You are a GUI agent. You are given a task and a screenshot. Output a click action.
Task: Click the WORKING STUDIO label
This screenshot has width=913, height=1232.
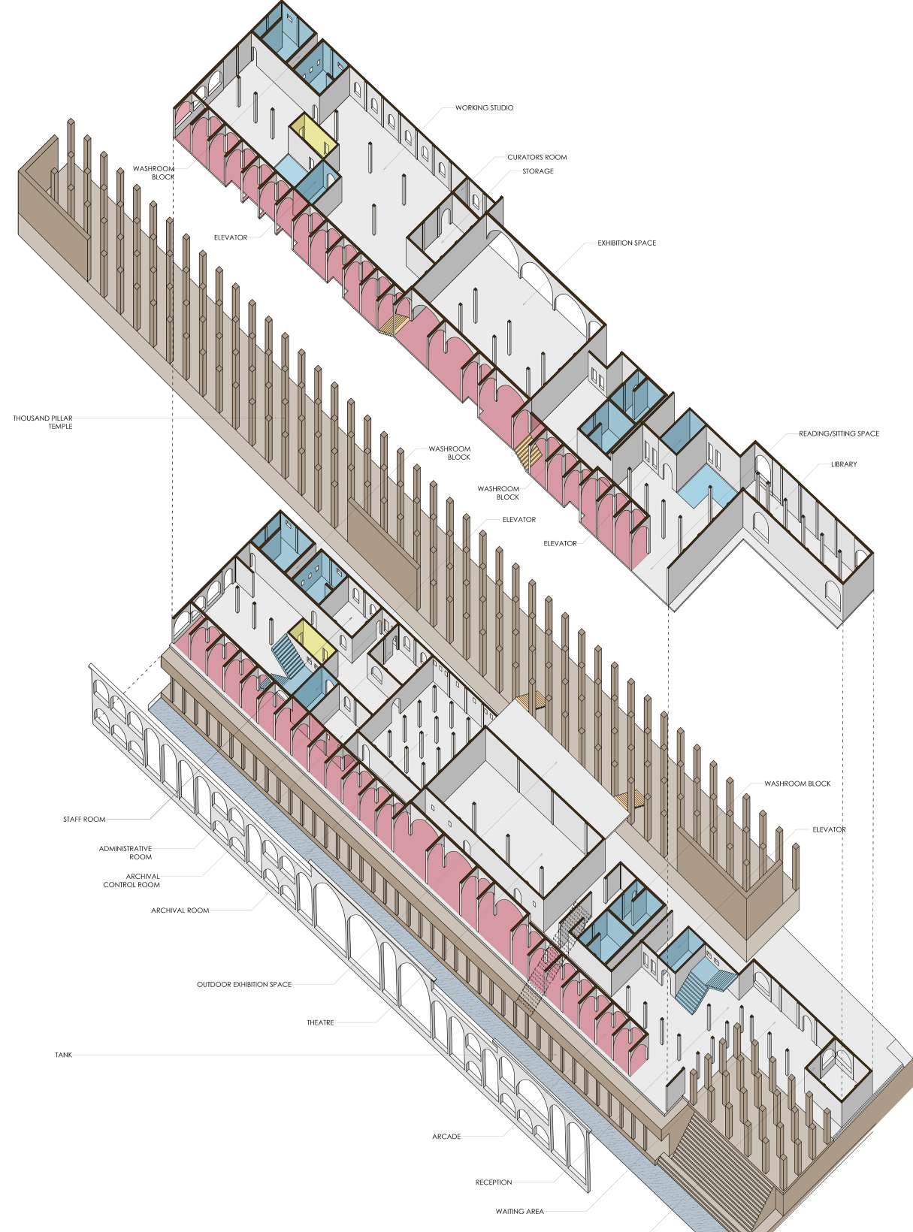click(x=484, y=108)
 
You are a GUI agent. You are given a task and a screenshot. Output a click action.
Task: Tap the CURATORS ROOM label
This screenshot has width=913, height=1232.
click(x=537, y=158)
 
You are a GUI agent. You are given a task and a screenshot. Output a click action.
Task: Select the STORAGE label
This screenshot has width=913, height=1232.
click(x=538, y=171)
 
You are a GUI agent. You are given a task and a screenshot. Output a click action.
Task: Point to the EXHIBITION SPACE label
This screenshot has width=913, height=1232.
click(x=627, y=243)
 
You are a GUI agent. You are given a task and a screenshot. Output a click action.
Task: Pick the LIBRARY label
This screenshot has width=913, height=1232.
click(x=844, y=464)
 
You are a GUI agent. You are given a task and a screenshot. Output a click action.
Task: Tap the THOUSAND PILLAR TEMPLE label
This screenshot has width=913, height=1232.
click(x=43, y=422)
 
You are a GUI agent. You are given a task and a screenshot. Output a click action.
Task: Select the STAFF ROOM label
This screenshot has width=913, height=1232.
click(x=84, y=820)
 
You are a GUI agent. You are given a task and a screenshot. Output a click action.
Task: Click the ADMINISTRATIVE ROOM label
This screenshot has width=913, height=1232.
click(x=125, y=853)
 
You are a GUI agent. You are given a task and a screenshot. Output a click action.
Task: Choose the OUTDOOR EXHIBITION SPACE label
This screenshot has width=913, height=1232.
click(x=244, y=984)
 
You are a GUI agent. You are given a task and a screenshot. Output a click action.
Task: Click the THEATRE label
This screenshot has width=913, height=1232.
click(x=320, y=1023)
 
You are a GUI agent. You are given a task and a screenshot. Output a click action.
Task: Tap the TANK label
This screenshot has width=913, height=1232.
click(x=63, y=1055)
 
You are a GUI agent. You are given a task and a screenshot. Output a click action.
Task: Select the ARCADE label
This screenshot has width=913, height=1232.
click(x=446, y=1137)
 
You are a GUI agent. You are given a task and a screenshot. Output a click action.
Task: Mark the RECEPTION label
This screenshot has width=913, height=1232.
click(x=494, y=1182)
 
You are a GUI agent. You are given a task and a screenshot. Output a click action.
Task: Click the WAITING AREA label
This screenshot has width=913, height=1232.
click(x=519, y=1212)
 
